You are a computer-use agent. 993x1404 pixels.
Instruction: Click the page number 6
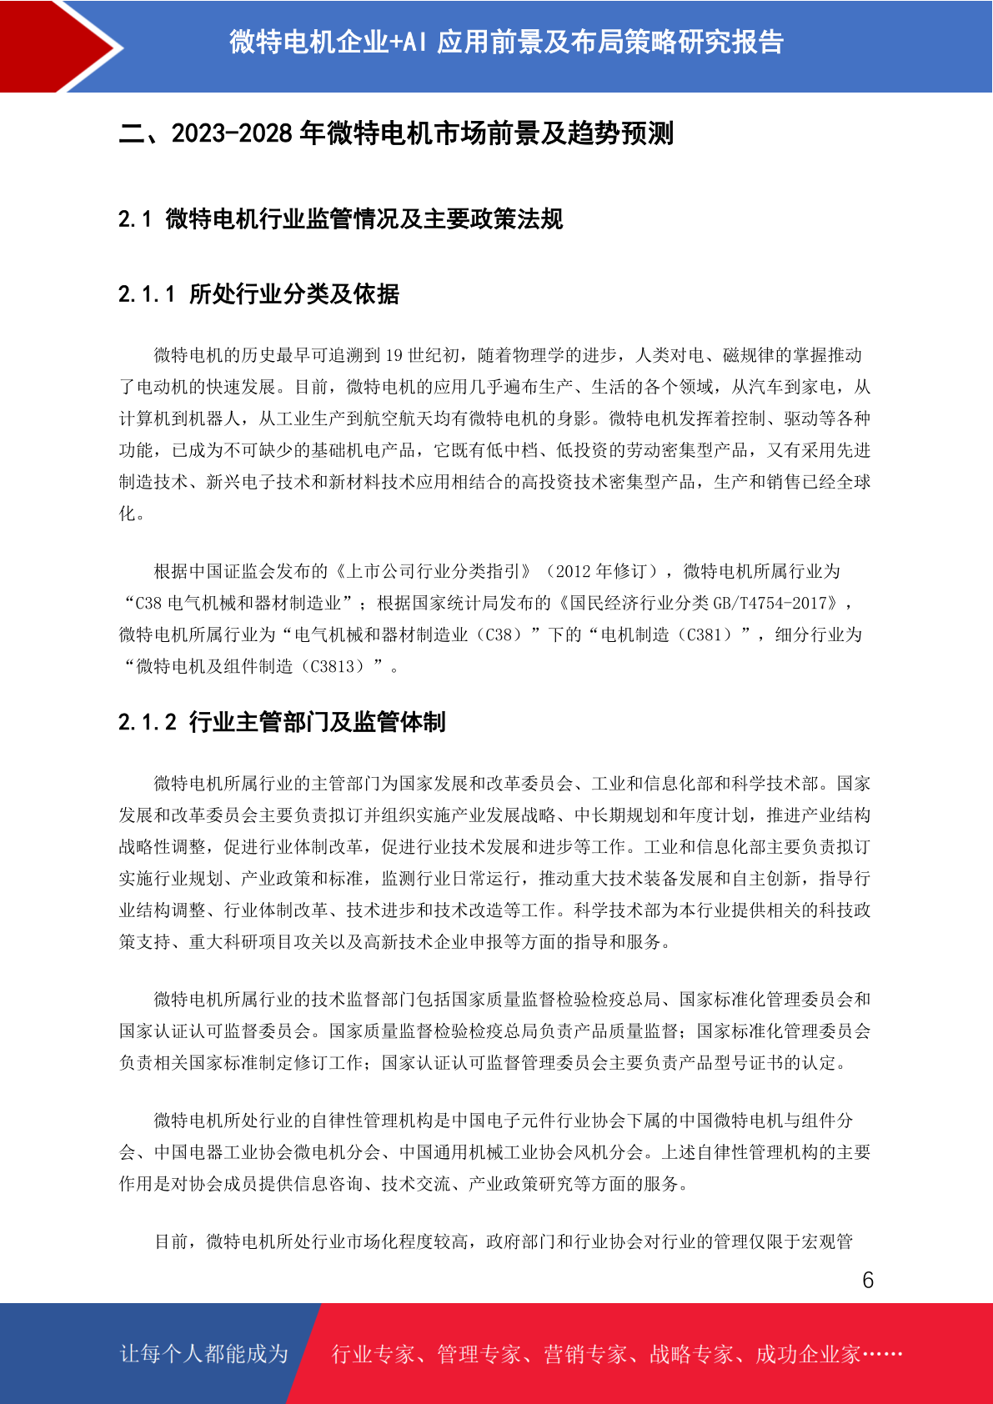(868, 1280)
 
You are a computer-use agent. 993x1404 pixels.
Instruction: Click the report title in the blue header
(506, 42)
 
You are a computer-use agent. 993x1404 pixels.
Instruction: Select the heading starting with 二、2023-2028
(396, 133)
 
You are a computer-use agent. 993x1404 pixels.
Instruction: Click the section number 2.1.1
(147, 294)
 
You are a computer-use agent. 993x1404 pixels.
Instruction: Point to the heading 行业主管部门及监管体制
(318, 722)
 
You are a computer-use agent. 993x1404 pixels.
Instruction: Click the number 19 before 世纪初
(394, 356)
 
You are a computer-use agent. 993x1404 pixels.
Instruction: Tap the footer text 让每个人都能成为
(204, 1354)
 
